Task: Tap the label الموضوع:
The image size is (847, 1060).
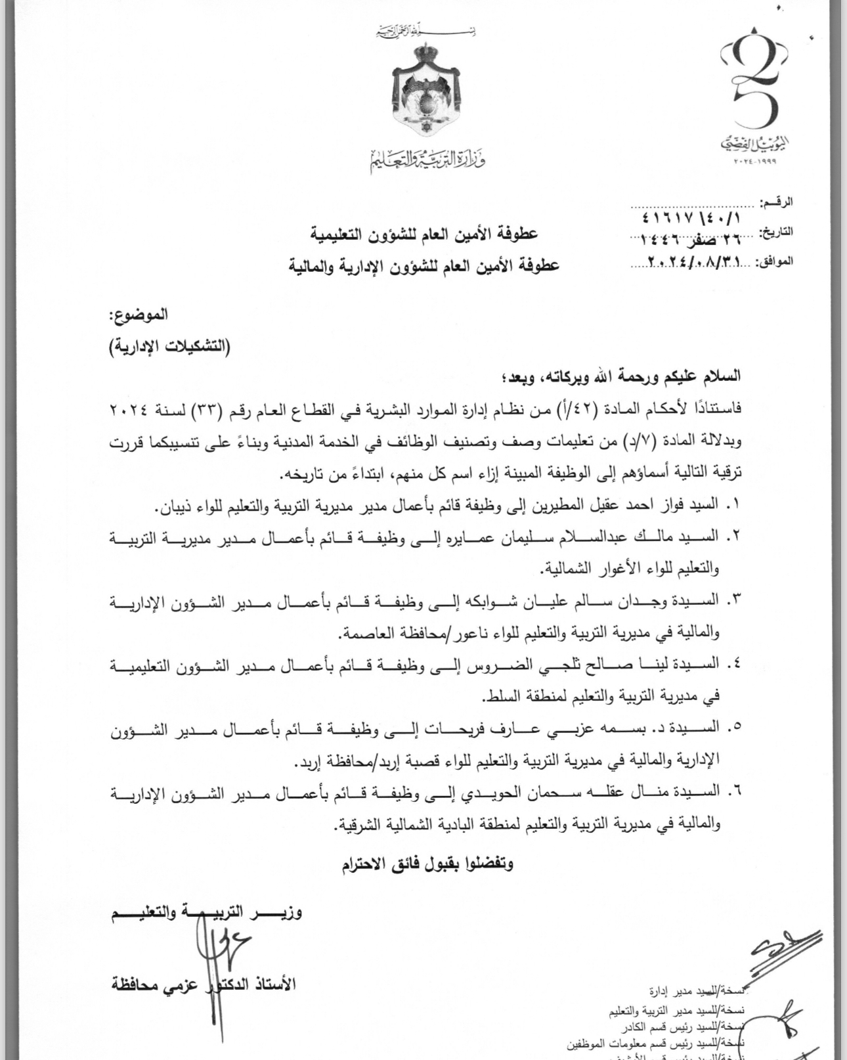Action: coord(137,315)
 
